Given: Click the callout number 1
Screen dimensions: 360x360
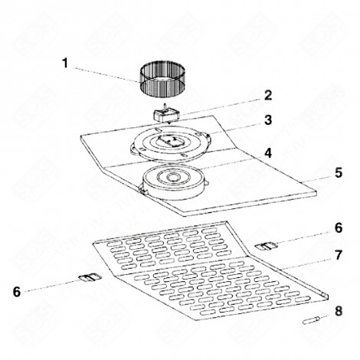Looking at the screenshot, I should tap(67, 62).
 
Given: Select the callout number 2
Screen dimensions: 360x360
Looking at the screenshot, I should tap(268, 96).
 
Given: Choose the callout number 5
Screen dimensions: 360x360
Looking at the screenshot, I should tap(338, 173).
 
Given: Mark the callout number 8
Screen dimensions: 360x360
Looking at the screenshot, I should tap(338, 311).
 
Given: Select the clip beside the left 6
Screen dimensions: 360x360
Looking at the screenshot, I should tap(88, 277).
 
